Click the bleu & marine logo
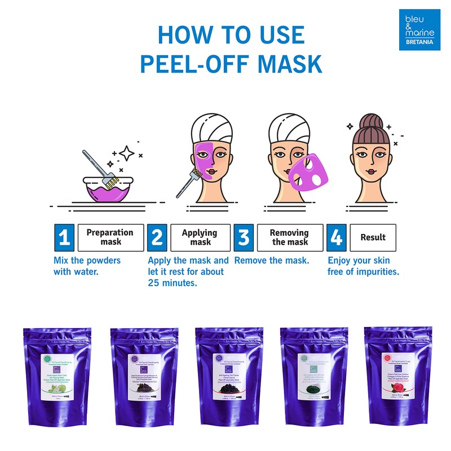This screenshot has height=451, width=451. point(420,29)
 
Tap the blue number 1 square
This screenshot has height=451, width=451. point(64,237)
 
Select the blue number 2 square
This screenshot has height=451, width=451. point(157,237)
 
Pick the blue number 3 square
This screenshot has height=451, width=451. point(244,237)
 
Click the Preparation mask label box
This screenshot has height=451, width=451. point(110,237)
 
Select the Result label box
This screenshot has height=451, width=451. point(373,237)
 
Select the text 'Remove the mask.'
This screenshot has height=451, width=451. point(272,261)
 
